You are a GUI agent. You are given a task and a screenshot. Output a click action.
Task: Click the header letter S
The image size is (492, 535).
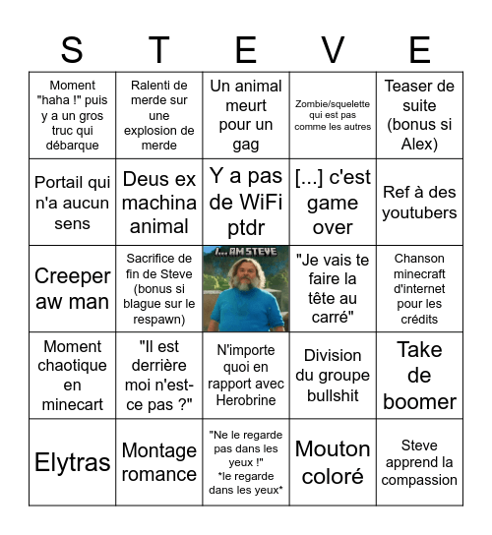72,49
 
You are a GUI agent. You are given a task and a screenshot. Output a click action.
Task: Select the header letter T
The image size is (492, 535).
158,49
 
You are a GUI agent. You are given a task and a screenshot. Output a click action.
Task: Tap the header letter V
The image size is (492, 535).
333,49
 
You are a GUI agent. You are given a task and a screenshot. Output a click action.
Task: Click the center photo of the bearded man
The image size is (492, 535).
246,289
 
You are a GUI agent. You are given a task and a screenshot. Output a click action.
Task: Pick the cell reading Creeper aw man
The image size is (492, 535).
72,289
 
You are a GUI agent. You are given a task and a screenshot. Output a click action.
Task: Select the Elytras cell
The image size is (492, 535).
72,462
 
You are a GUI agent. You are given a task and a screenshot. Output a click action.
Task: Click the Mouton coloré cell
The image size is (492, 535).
333,462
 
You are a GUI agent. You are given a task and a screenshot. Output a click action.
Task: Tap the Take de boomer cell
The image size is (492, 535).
419,376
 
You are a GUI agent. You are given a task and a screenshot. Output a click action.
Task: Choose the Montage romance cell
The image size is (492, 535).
158,462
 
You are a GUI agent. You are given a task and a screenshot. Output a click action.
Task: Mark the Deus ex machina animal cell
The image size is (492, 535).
158,203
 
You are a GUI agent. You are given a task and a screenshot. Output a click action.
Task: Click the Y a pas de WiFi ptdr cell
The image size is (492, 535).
246,203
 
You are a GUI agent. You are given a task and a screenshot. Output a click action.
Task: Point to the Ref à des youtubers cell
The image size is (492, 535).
419,203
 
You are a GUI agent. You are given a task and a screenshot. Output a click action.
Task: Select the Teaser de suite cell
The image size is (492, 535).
419,115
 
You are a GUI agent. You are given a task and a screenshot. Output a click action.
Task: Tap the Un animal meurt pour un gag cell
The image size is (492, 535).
246,115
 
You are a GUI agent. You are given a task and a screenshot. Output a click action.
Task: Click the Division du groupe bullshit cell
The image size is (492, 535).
333,376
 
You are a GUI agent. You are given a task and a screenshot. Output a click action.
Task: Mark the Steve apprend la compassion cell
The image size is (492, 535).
419,462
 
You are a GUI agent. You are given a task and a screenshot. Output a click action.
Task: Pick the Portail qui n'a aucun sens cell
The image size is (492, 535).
72,203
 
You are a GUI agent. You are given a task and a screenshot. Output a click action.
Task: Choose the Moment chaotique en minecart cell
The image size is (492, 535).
72,376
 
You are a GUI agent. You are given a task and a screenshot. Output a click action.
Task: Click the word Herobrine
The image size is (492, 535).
246,401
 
